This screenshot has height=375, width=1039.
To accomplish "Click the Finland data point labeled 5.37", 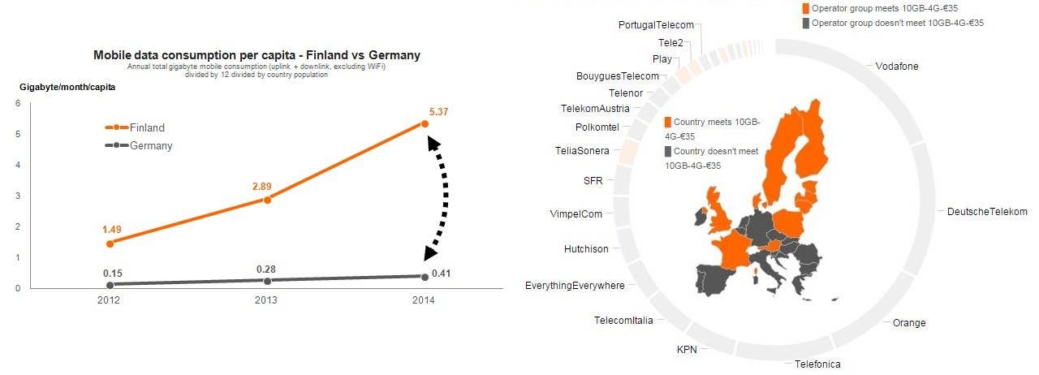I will pyautogui.click(x=425, y=123).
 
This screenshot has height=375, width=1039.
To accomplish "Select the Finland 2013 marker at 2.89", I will pyautogui.click(x=267, y=199).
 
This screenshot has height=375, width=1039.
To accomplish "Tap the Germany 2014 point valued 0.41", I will pyautogui.click(x=425, y=277).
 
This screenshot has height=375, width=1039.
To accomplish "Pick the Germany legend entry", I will pyautogui.click(x=138, y=146).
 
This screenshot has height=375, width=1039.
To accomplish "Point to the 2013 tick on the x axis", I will pyautogui.click(x=266, y=300).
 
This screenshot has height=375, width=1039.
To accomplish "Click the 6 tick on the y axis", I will pyautogui.click(x=17, y=104).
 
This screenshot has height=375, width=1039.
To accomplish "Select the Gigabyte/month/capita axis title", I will pyautogui.click(x=67, y=87).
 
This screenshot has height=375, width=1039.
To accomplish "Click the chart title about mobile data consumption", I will pyautogui.click(x=257, y=55).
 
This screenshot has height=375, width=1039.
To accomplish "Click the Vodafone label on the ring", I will pyautogui.click(x=897, y=66).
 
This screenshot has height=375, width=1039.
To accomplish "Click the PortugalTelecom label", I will pyautogui.click(x=657, y=24).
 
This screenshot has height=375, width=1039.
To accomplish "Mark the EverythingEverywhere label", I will pyautogui.click(x=575, y=286).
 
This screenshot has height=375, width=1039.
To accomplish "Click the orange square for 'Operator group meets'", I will pyautogui.click(x=805, y=8).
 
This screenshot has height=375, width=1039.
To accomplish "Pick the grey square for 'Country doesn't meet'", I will pyautogui.click(x=668, y=152).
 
